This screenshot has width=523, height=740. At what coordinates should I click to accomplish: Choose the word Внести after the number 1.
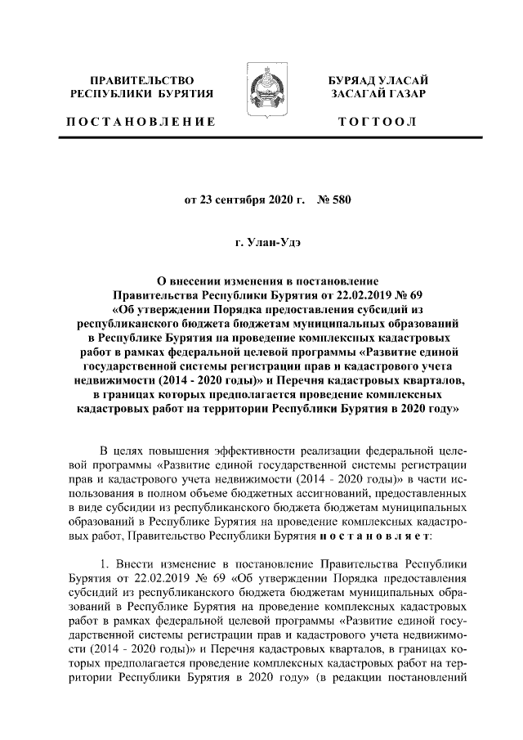(x=136, y=564)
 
